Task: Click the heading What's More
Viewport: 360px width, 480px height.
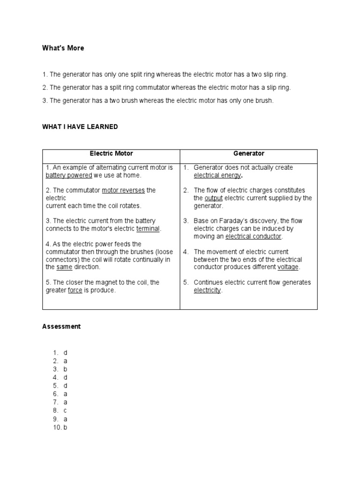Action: click(63, 48)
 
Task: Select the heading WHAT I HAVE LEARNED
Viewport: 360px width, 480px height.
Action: click(80, 127)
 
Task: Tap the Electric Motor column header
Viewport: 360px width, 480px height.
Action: click(111, 153)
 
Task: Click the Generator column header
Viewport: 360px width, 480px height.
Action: click(248, 153)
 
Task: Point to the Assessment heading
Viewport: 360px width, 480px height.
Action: click(61, 326)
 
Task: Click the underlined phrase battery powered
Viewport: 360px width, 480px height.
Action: click(68, 175)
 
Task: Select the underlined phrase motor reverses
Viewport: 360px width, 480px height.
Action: click(123, 190)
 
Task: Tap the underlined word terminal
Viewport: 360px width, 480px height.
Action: click(148, 229)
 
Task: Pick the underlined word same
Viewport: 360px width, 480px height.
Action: click(64, 267)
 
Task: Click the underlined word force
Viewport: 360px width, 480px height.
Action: click(75, 290)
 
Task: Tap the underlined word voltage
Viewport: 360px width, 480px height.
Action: click(288, 267)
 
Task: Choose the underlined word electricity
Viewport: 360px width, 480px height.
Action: click(207, 290)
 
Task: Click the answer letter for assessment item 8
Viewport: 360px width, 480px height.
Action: click(66, 411)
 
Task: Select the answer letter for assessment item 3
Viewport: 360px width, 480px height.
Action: click(66, 369)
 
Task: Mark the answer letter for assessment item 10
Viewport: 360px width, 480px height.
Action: click(66, 427)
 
